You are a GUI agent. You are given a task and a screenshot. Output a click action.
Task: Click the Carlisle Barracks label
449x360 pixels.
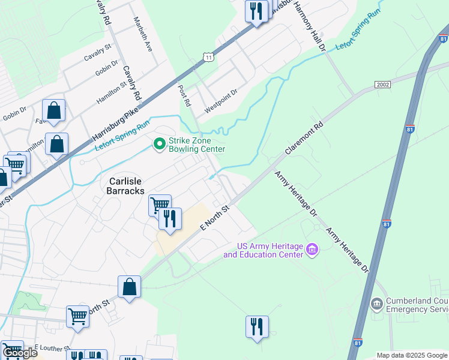(x=127, y=185)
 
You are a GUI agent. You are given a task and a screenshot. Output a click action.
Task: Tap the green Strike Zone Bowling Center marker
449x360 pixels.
(x=159, y=144)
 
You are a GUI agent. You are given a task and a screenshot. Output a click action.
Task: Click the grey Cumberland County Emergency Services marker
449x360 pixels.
(x=376, y=304)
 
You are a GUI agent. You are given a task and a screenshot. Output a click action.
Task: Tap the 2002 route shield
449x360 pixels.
(x=382, y=85)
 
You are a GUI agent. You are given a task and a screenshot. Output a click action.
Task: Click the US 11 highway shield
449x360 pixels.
(x=208, y=56)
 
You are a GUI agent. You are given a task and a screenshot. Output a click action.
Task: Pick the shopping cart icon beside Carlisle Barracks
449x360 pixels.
(x=160, y=205)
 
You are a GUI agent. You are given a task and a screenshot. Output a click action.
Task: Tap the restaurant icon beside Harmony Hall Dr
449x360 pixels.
(x=256, y=11)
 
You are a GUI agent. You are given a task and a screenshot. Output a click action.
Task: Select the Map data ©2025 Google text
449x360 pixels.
(x=411, y=355)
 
